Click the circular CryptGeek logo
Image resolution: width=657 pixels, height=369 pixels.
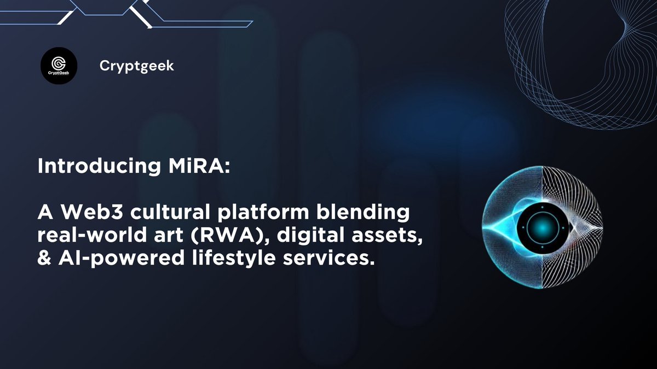[x=59, y=66]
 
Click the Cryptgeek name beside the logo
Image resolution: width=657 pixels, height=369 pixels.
[x=137, y=66]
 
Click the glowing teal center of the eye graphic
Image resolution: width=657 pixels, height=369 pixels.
[x=541, y=227]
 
